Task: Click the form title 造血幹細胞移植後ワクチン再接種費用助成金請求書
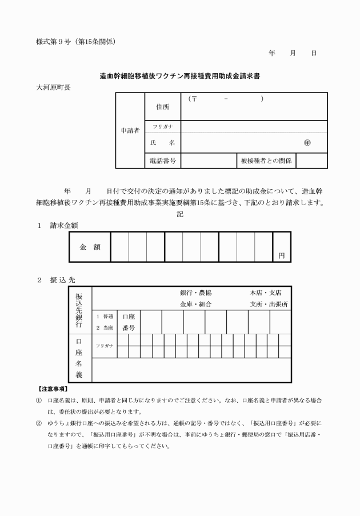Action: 179,75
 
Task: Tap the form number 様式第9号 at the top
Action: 55,41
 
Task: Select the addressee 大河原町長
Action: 53,87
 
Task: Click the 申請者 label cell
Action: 130,130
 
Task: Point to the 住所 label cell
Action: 163,107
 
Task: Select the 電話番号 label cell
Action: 163,161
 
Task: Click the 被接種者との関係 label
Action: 266,161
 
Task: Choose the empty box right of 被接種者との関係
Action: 311,161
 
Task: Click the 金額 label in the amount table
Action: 90,247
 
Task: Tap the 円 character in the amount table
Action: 281,255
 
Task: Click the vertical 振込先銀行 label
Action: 79,309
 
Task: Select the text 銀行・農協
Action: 196,293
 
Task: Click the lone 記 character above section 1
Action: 179,214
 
